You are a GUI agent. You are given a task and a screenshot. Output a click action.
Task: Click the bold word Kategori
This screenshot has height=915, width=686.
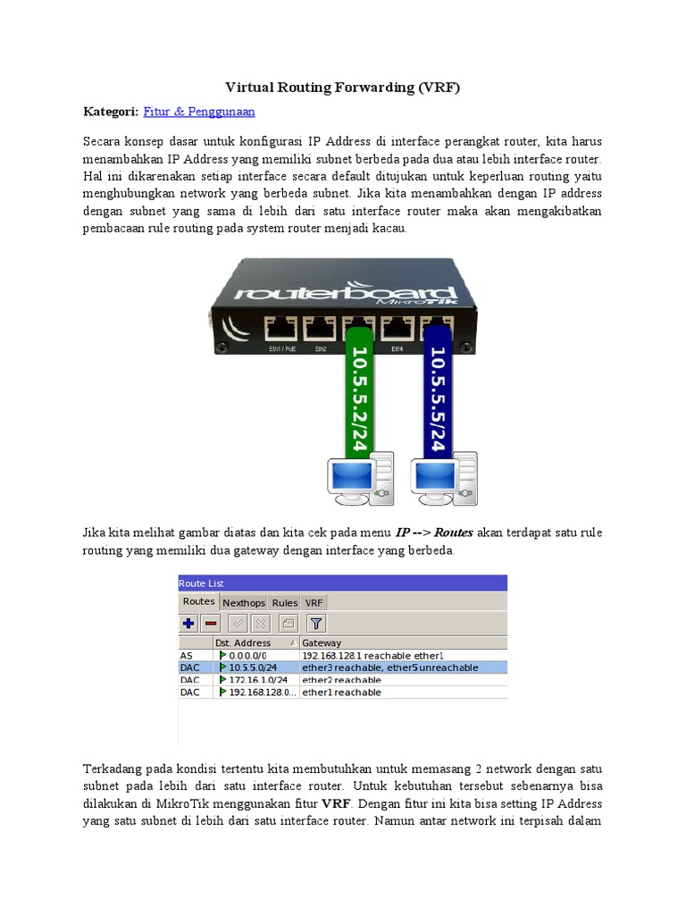point(111,112)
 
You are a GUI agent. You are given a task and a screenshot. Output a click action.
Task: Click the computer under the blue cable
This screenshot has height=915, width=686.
point(444,478)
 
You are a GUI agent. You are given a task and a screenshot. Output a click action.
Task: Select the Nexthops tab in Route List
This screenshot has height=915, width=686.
point(244,603)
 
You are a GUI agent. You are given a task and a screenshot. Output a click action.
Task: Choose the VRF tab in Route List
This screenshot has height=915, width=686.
point(314,603)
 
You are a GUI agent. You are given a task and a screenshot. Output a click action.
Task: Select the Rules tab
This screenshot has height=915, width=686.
point(285,603)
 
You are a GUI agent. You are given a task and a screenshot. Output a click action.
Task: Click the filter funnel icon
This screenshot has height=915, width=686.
point(316,624)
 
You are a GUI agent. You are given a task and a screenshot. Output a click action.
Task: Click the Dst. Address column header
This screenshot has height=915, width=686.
point(243,642)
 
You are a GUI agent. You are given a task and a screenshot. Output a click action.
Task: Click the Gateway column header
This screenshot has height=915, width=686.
point(322,642)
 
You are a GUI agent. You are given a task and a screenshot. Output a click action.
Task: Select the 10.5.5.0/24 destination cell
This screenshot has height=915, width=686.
point(252,667)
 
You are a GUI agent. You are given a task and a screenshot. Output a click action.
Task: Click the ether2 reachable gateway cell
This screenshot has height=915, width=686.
point(341,680)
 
